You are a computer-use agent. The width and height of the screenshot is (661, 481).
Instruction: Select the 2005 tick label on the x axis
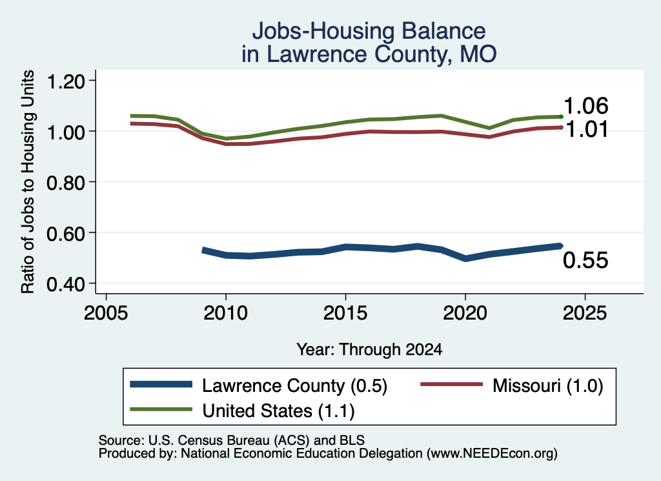pyautogui.click(x=106, y=313)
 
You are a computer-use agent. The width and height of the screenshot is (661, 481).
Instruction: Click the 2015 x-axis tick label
pyautogui.click(x=345, y=313)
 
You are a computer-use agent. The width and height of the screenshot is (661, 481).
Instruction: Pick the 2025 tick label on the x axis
pyautogui.click(x=585, y=313)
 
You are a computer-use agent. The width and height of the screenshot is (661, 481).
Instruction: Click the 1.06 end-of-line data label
pyautogui.click(x=585, y=106)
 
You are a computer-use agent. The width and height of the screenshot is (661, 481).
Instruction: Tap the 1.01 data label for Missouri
pyautogui.click(x=586, y=129)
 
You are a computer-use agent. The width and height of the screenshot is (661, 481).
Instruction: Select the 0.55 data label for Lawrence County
pyautogui.click(x=585, y=260)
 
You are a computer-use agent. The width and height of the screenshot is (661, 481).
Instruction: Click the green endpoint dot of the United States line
pyautogui.click(x=561, y=117)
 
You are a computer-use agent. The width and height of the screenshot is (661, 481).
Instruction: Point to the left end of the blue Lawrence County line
pyautogui.click(x=203, y=250)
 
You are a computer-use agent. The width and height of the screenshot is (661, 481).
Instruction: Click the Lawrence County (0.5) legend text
pyautogui.click(x=294, y=385)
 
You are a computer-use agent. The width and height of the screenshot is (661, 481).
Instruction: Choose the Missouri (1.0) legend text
pyautogui.click(x=548, y=385)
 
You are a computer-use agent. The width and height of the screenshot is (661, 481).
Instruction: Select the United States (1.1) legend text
pyautogui.click(x=279, y=411)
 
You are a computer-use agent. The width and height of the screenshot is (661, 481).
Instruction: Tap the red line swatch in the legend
pyautogui.click(x=452, y=384)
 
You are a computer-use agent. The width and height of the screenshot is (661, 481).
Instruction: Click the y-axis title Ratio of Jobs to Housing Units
pyautogui.click(x=28, y=181)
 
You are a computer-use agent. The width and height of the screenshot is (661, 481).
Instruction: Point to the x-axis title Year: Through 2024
pyautogui.click(x=369, y=349)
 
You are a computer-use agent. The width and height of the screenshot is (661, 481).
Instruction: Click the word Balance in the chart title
pyautogui.click(x=444, y=31)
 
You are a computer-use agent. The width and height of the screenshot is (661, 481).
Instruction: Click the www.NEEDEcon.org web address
pyautogui.click(x=491, y=453)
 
